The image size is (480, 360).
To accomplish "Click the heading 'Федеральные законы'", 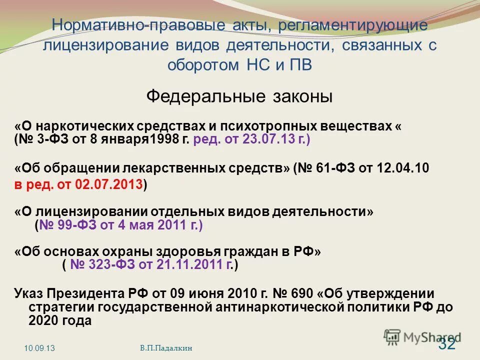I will tap(239, 96).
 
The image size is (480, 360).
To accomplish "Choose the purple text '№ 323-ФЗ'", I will tap(102, 265).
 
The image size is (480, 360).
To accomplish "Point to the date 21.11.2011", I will tap(188, 265).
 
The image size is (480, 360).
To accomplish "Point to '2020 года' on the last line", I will tap(60, 321).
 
